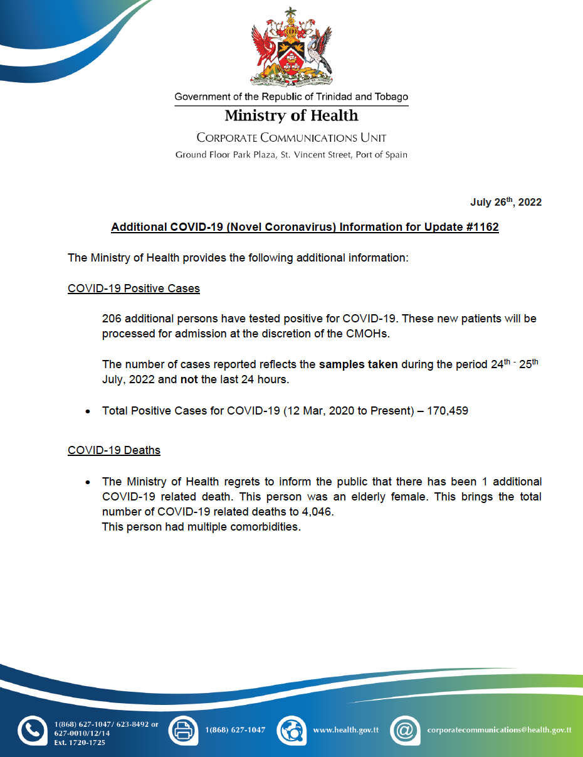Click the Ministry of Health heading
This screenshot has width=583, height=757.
(x=291, y=116)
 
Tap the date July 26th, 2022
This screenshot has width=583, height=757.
(x=506, y=202)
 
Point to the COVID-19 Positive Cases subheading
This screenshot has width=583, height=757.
(x=134, y=289)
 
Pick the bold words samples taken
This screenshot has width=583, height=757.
(x=358, y=364)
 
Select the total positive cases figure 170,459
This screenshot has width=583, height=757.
(x=446, y=411)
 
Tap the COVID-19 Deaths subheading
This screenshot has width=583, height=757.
(x=113, y=450)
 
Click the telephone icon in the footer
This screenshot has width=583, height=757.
(x=32, y=731)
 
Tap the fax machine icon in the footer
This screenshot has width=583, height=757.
(x=183, y=731)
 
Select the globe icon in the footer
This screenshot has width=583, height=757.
(x=291, y=731)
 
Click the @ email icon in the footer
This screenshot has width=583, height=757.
(x=405, y=731)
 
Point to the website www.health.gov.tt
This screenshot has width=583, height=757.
(x=345, y=730)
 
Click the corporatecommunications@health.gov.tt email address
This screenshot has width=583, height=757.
(x=499, y=730)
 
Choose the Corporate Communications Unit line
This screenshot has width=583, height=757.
(x=291, y=137)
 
